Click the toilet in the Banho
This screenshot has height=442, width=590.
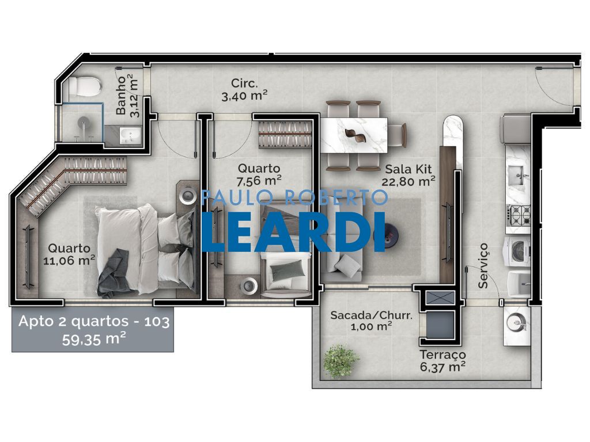[x=83, y=87]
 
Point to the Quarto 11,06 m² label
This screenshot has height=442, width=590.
[x=69, y=254]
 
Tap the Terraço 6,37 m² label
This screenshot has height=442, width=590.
[x=442, y=360]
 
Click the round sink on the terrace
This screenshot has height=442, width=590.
[x=517, y=323]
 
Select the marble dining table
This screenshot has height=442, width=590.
[x=353, y=135]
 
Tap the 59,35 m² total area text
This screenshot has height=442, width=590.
[x=94, y=338]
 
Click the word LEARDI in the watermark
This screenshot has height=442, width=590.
[x=294, y=231]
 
